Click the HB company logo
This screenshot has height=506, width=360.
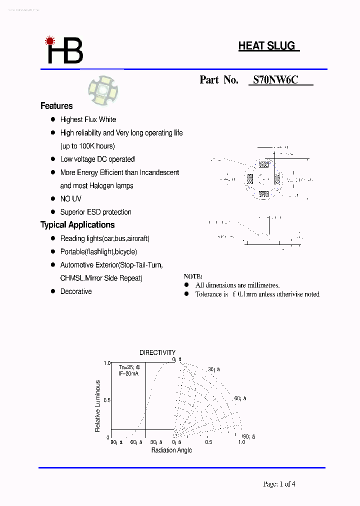pyautogui.click(x=64, y=50)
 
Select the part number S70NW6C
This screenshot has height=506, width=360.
pyautogui.click(x=275, y=79)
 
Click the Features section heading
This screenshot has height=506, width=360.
pyautogui.click(x=56, y=106)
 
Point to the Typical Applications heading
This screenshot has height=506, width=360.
pyautogui.click(x=77, y=225)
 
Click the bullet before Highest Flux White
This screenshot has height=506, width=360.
pyautogui.click(x=52, y=119)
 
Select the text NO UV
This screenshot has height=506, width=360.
pyautogui.click(x=70, y=199)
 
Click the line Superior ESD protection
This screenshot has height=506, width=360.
pyautogui.click(x=95, y=212)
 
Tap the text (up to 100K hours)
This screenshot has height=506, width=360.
pyautogui.click(x=87, y=146)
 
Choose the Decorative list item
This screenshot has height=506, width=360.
pyautogui.click(x=76, y=291)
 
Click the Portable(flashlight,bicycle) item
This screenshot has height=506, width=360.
pyautogui.click(x=98, y=252)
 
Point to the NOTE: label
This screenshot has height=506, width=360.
pyautogui.click(x=193, y=276)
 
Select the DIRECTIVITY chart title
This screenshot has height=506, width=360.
pyautogui.click(x=157, y=352)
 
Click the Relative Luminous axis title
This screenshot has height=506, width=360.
pyautogui.click(x=98, y=406)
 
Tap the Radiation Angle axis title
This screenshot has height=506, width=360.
pyautogui.click(x=171, y=450)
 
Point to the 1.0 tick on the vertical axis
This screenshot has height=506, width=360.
pyautogui.click(x=106, y=363)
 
